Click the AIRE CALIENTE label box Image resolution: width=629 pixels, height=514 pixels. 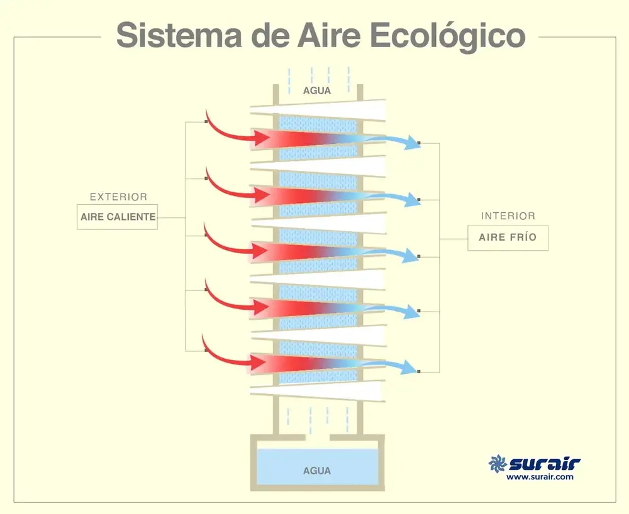tap(118, 217)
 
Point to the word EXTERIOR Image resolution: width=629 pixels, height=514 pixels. tap(118, 197)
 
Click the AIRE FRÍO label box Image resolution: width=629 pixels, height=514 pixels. tap(508, 238)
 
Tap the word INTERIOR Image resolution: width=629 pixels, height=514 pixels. tap(508, 216)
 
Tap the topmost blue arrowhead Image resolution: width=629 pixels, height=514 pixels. tap(413, 143)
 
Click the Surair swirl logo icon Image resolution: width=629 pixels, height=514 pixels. tap(498, 464)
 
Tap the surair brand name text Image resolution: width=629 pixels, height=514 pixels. tap(544, 464)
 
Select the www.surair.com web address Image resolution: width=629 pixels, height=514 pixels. tap(540, 478)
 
